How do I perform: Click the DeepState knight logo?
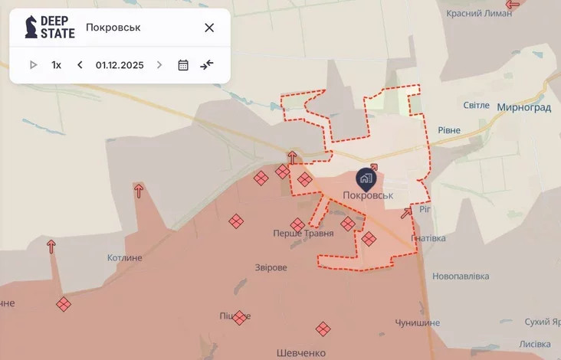pyautogui.click(x=31, y=28)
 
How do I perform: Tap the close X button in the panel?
pyautogui.click(x=209, y=28)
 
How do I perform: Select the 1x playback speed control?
pyautogui.click(x=56, y=65)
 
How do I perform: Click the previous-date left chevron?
pyautogui.click(x=80, y=65)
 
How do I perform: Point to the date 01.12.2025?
pyautogui.click(x=120, y=65)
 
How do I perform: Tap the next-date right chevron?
pyautogui.click(x=159, y=65)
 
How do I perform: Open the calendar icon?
pyautogui.click(x=183, y=65)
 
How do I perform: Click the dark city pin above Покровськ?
pyautogui.click(x=366, y=180)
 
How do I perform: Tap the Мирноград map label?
pyautogui.click(x=523, y=107)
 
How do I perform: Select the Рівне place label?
pyautogui.click(x=449, y=130)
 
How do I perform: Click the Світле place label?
pyautogui.click(x=476, y=105)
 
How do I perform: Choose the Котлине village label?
pyautogui.click(x=125, y=258)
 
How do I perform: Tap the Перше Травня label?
pyautogui.click(x=303, y=233)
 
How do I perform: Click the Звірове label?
pyautogui.click(x=271, y=267)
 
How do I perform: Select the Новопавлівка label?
pyautogui.click(x=461, y=276)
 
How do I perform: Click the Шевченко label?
pyautogui.click(x=301, y=353)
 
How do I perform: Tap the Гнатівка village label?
pyautogui.click(x=428, y=238)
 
